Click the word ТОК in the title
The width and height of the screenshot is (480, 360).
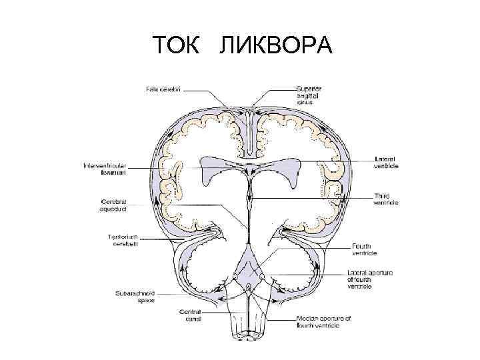(175, 46)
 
